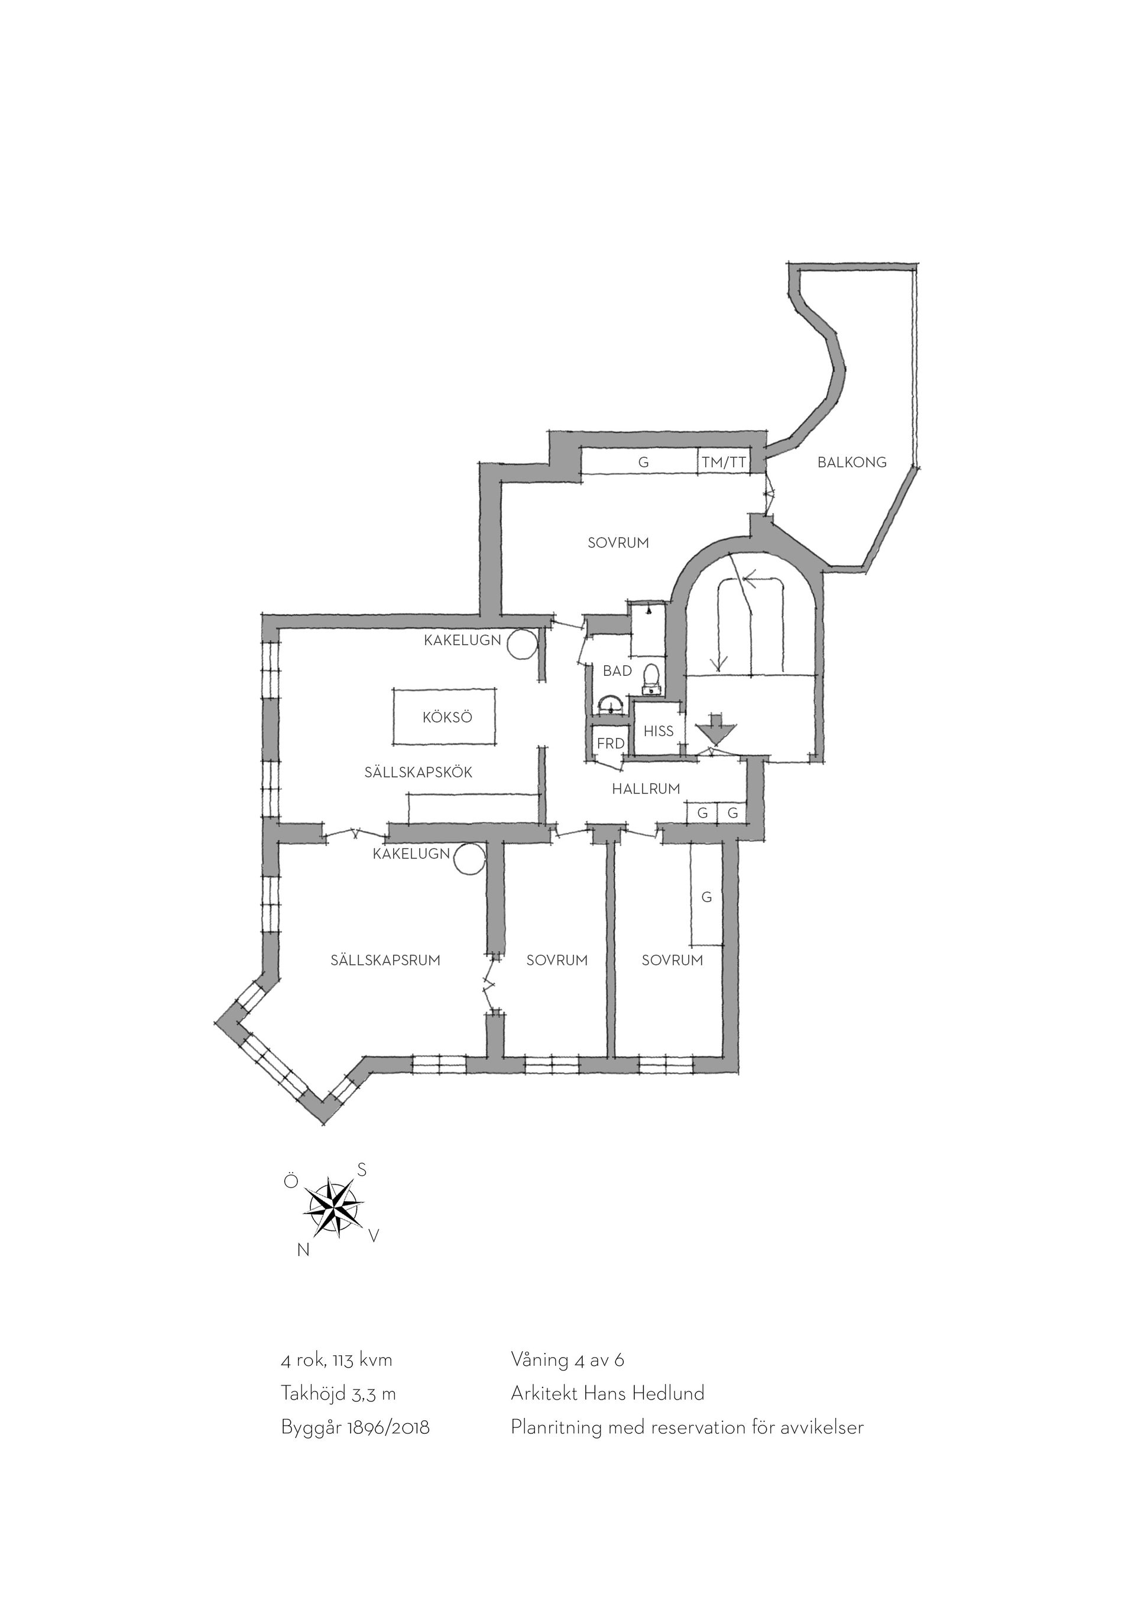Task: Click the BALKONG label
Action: (x=851, y=462)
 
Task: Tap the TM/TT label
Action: (x=724, y=462)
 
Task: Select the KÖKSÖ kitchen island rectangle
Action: (x=445, y=717)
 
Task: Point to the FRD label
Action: (x=610, y=744)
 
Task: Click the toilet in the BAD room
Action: (x=651, y=678)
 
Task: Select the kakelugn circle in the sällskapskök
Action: (x=521, y=644)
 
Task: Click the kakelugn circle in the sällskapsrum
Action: (x=469, y=858)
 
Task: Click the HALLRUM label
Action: (x=646, y=789)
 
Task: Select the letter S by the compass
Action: (x=361, y=1169)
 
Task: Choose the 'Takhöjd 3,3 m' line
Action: (x=338, y=1394)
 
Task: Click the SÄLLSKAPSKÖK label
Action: (x=418, y=772)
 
